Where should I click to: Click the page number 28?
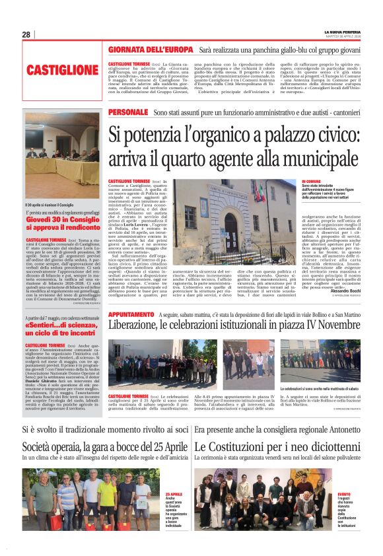(x=26, y=34)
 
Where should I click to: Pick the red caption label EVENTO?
(x=344, y=493)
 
